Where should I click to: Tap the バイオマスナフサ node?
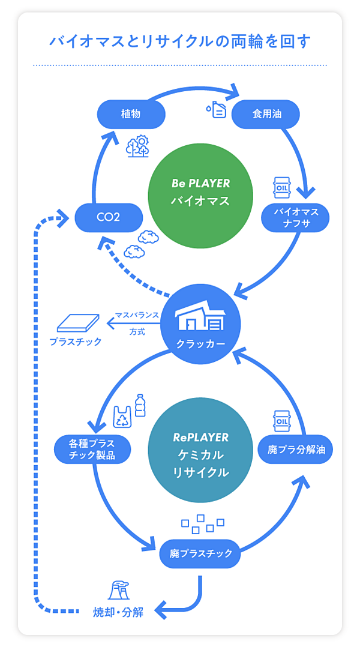point(295,218)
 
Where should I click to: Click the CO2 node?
point(109,217)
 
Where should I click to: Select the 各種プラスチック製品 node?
point(92,449)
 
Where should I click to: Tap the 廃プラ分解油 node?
point(296,449)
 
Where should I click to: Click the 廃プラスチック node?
point(200,553)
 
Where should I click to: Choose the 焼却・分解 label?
point(118,613)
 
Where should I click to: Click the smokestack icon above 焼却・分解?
point(118,591)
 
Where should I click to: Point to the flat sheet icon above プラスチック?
point(76,323)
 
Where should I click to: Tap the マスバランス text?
point(137,316)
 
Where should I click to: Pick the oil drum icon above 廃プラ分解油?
point(281,420)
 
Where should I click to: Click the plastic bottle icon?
point(140,405)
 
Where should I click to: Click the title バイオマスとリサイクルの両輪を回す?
point(180,41)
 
